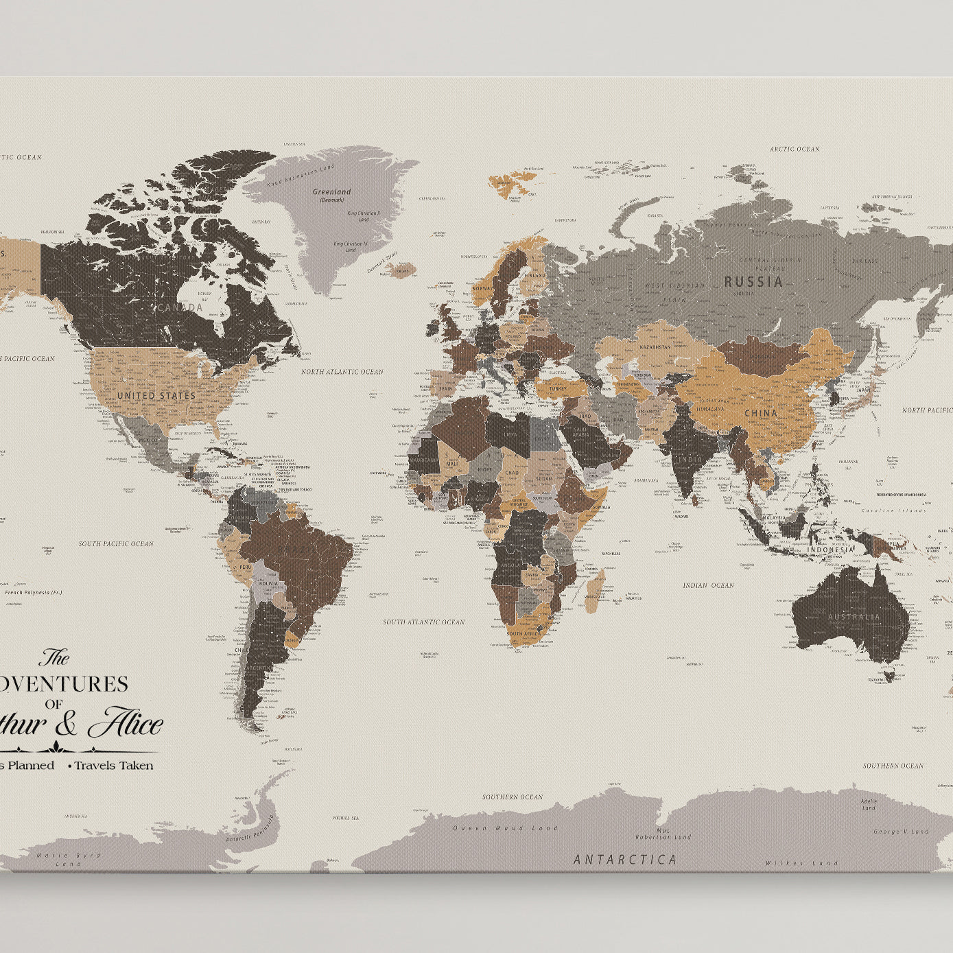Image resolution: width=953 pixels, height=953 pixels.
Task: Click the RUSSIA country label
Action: point(753,281)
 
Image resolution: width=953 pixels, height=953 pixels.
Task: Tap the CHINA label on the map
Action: point(761,413)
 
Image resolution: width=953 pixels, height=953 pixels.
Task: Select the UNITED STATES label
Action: point(156,396)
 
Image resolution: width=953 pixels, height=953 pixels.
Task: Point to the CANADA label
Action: point(180,307)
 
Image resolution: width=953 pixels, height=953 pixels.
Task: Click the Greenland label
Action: point(331,192)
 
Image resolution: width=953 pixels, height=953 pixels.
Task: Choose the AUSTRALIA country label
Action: point(854,617)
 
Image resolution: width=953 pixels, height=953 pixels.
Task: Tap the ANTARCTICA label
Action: point(625,859)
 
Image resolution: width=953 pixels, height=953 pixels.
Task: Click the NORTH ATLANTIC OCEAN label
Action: point(342,372)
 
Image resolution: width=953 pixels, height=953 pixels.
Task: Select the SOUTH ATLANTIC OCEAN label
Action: point(423,622)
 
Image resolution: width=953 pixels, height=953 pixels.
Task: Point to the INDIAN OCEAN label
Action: point(708,585)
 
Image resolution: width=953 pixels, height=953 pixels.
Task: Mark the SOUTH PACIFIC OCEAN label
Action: point(116,543)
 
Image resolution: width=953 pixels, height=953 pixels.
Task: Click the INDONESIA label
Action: point(830,550)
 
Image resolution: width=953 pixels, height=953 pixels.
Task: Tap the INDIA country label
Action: point(691,460)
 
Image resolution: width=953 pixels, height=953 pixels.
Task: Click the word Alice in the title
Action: point(126,725)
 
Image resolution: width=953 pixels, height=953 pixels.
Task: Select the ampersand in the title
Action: point(67,725)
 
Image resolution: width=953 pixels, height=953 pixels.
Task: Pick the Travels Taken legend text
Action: point(113,765)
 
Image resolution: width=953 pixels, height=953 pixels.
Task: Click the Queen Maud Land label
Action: point(506,828)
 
